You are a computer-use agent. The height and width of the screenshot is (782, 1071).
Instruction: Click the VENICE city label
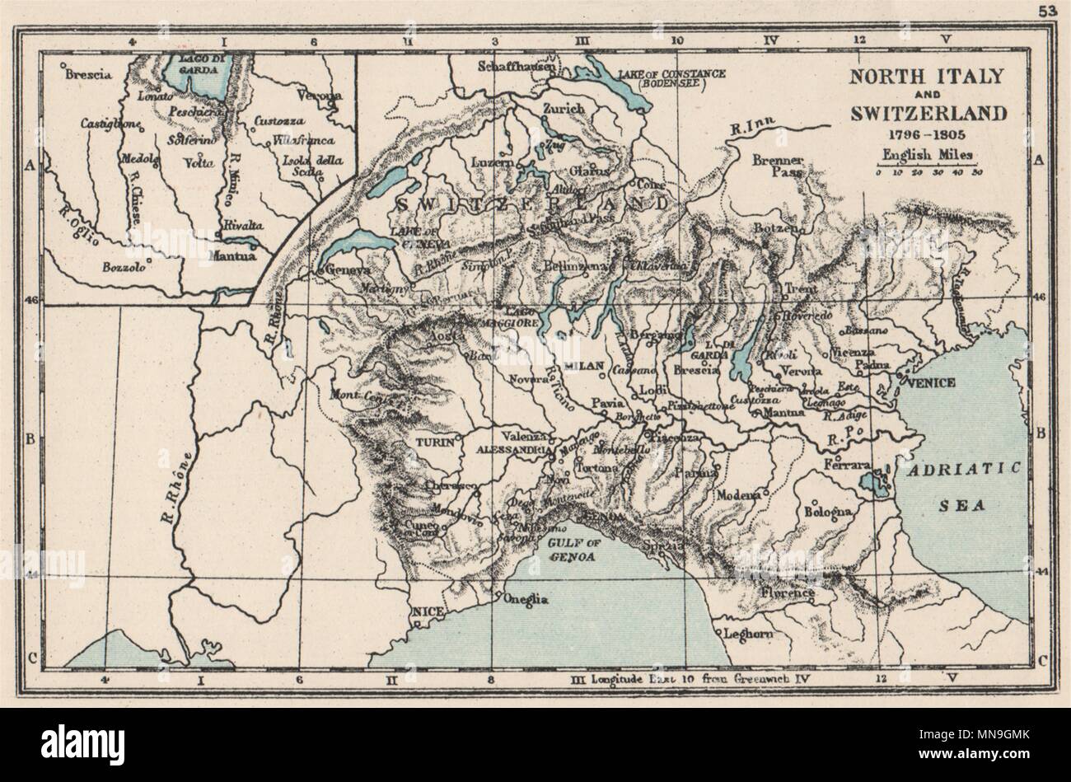[x=931, y=382]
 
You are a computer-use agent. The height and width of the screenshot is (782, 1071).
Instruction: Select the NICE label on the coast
[x=426, y=611]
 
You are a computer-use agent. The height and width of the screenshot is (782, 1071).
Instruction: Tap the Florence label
[x=788, y=592]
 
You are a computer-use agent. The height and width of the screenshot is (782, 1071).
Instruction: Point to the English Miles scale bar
[x=927, y=165]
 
